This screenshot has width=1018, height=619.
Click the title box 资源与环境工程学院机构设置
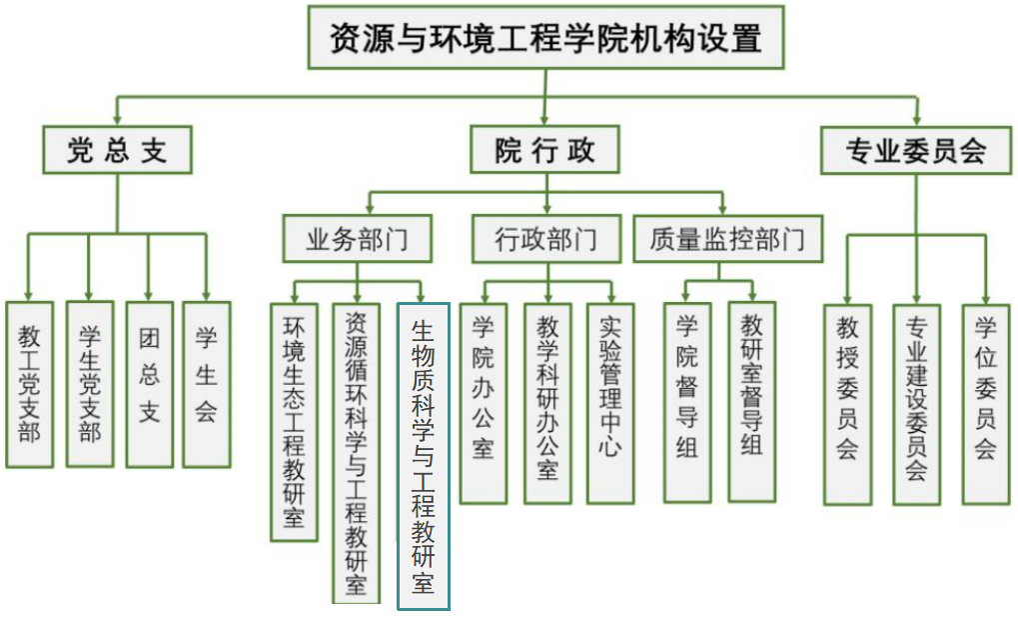coord(545,39)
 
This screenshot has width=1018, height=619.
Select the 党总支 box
coord(116,150)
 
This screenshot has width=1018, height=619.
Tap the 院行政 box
coord(545,150)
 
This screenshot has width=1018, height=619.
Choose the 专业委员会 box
coord(916,150)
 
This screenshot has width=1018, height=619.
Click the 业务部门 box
coord(357,239)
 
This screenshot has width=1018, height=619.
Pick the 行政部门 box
coord(545,239)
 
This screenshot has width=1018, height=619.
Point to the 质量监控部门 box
coord(727,239)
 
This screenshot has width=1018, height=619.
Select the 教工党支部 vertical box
coord(29,384)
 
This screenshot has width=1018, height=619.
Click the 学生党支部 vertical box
coord(90,384)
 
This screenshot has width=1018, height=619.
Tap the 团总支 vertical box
coord(150,384)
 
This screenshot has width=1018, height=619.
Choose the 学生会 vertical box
coord(206,384)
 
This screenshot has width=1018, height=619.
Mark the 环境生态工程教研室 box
coord(294,421)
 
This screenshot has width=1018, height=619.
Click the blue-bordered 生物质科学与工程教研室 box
coord(424,456)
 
